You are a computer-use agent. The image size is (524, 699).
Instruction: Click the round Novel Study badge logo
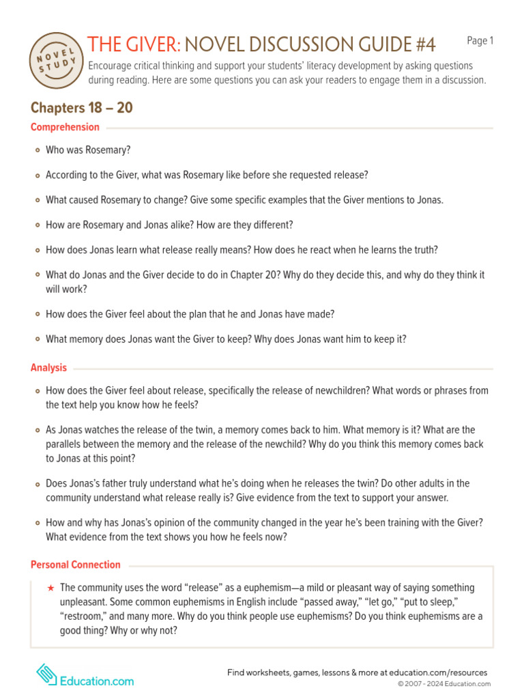57,60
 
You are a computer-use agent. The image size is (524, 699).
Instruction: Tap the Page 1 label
480,41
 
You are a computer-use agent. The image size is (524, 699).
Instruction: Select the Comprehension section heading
65,127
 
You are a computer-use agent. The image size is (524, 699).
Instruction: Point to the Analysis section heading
48,368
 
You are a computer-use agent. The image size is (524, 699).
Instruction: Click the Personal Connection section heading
75,565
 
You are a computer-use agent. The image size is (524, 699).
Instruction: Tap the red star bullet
50,588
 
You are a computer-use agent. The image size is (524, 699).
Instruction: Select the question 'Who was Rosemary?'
87,150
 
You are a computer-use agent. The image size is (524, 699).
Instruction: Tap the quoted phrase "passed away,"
280,602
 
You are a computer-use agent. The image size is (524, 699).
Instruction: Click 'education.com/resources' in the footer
441,672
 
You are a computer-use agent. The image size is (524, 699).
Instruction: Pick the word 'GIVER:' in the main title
151,44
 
